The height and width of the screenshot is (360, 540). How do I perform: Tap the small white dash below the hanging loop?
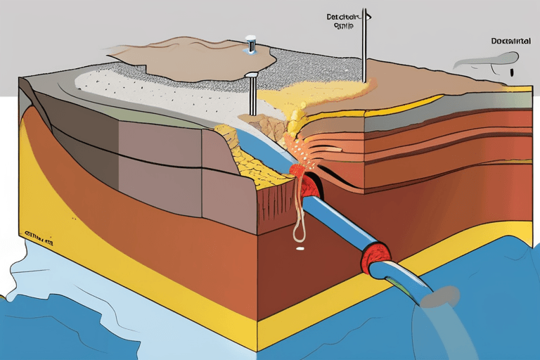pos(300,248)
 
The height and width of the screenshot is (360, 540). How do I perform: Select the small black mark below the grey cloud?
pos(513,72)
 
